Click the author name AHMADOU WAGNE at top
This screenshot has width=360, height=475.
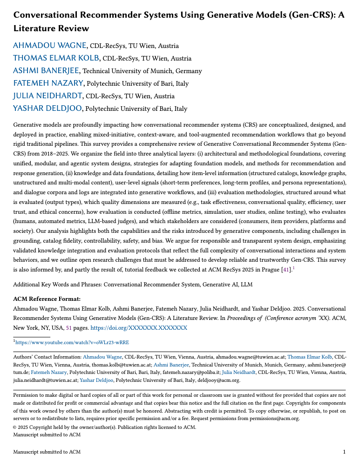(50, 46)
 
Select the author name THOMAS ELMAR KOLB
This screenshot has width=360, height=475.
(56, 58)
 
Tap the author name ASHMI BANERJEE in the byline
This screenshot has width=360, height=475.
(46, 71)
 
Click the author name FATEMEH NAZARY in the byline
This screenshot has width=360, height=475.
(48, 83)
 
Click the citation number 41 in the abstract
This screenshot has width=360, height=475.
(285, 270)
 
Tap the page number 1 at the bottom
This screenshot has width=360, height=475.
(344, 452)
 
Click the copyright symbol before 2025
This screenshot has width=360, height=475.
(15, 427)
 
